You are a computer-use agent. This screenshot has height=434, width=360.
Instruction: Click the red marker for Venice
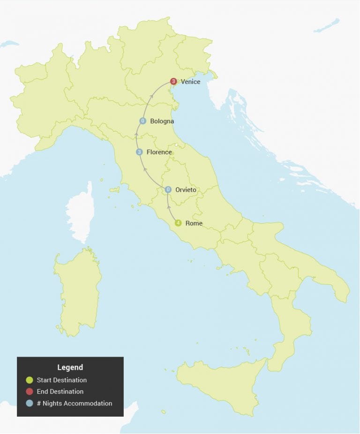coord(173,82)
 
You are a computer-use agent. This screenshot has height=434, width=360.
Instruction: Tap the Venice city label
coord(190,82)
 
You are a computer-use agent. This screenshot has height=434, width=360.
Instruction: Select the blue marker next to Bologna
coord(143,121)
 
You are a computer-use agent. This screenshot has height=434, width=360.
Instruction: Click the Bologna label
coord(162,122)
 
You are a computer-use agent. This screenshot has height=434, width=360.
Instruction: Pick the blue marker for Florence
coord(139,152)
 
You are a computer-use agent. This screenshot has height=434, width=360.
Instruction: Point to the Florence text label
coord(159,152)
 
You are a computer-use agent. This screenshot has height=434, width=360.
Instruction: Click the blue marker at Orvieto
coord(168,190)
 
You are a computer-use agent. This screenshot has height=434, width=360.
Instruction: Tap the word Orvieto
coord(186,190)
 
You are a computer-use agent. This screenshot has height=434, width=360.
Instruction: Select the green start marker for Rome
coord(178,223)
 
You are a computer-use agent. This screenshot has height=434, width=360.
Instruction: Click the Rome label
coord(194,223)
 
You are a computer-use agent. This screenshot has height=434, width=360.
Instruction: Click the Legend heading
coord(70,367)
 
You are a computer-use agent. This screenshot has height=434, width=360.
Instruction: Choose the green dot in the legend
coord(30,380)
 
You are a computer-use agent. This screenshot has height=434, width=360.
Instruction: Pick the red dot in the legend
coord(30,392)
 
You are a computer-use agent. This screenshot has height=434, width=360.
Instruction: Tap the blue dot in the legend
coord(30,403)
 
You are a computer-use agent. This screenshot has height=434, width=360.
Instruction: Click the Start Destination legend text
coord(61,380)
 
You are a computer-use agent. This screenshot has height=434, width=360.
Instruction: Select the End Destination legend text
coord(60,392)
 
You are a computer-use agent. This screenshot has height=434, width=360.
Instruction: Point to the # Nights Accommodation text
coord(74,403)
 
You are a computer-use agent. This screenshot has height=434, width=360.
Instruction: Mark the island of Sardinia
coord(77,291)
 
